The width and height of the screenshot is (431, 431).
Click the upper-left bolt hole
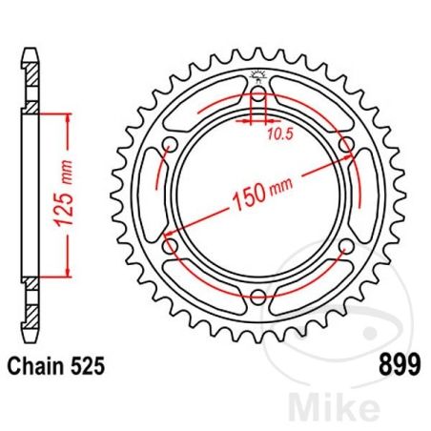(171, 146)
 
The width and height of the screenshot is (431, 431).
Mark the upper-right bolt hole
(346, 146)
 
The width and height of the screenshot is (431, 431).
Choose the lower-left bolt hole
(171, 247)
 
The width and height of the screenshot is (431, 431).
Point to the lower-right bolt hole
(346, 247)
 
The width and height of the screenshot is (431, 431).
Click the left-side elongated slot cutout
(150, 196)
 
